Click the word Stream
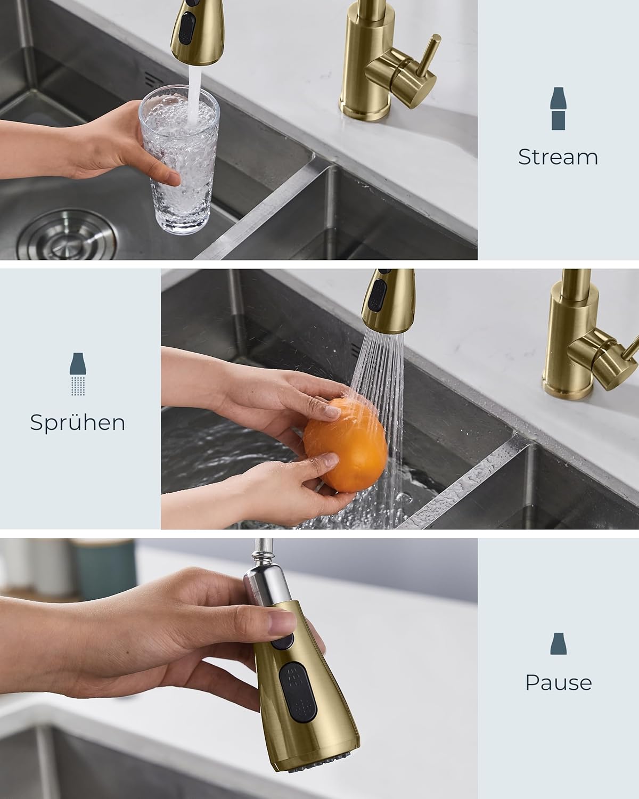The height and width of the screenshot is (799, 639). pyautogui.click(x=558, y=157)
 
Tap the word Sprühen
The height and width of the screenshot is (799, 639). pyautogui.click(x=78, y=422)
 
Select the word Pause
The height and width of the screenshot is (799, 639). pyautogui.click(x=558, y=682)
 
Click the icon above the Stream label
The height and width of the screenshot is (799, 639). pyautogui.click(x=558, y=109)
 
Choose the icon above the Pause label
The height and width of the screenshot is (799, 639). pyautogui.click(x=558, y=643)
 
